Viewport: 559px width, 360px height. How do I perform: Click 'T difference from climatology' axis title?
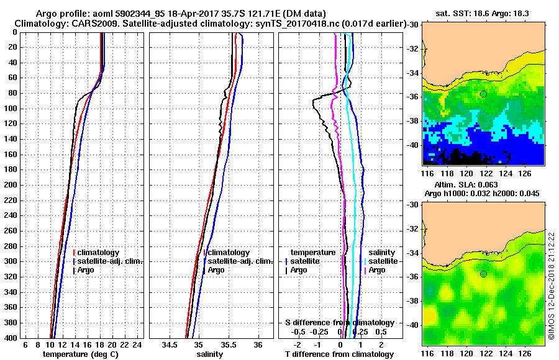pyautogui.click(x=339, y=354)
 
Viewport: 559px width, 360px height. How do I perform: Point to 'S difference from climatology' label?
pyautogui.click(x=339, y=323)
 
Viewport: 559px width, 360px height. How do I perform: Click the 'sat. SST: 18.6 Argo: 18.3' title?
pyautogui.click(x=484, y=12)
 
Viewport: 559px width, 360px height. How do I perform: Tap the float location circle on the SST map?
pyautogui.click(x=483, y=94)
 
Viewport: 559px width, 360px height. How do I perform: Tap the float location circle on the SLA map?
pyautogui.click(x=483, y=274)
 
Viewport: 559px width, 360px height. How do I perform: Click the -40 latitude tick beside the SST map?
pyautogui.click(x=414, y=145)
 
